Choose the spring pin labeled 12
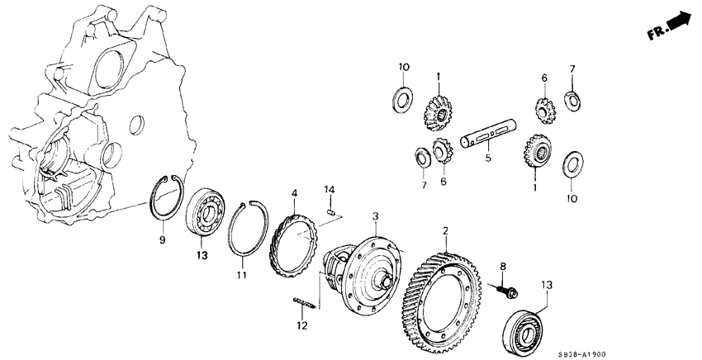click(305, 303)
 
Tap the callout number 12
click(302, 325)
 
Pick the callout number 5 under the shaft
click(488, 157)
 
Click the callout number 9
click(162, 240)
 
